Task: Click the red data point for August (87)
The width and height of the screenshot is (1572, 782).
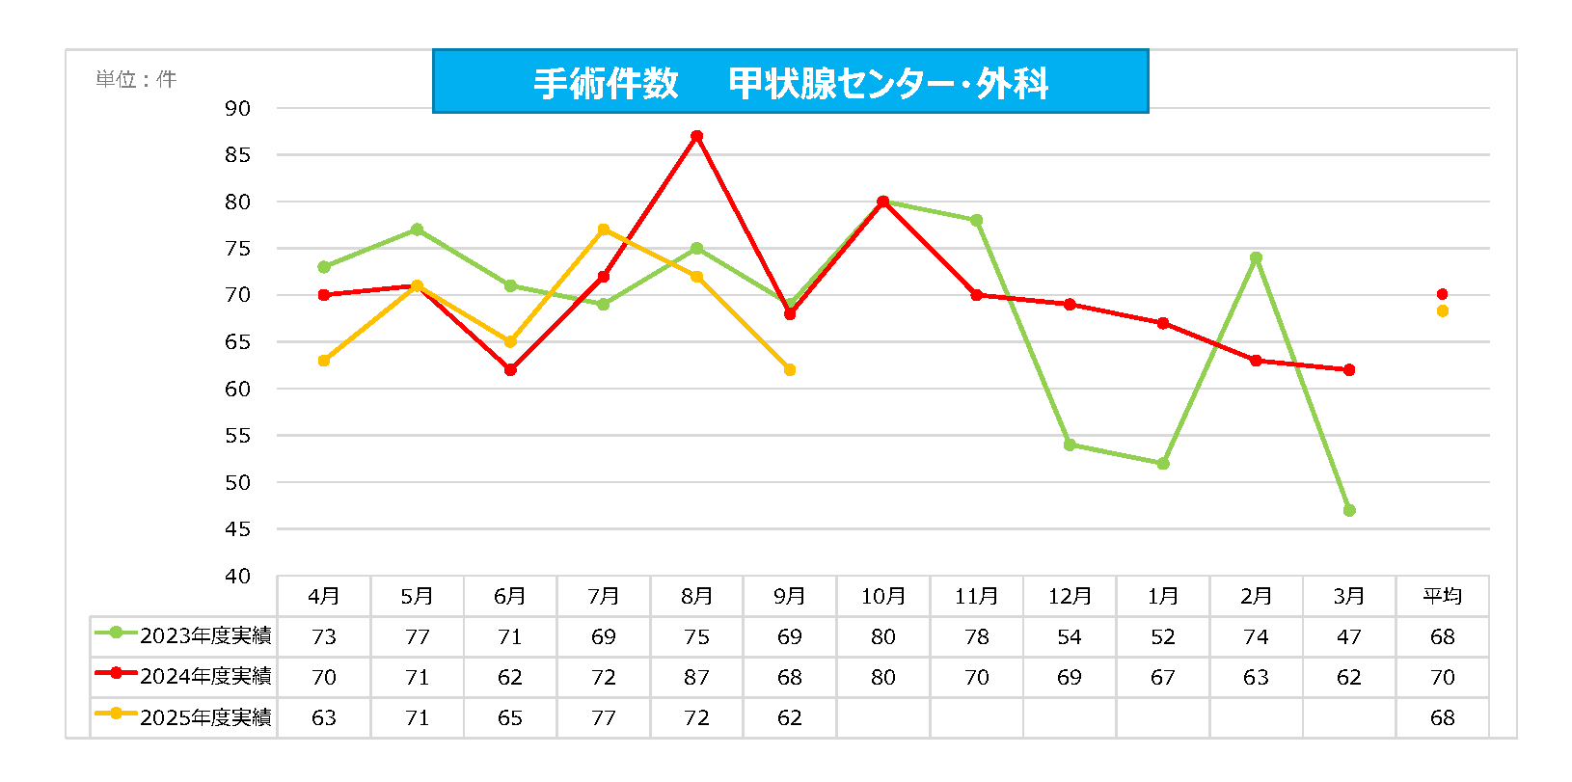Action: [x=696, y=136]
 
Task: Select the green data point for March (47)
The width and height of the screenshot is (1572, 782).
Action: [x=1349, y=510]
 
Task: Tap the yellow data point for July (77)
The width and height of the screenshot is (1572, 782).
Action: [x=604, y=229]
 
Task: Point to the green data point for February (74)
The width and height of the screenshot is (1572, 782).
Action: [x=1256, y=257]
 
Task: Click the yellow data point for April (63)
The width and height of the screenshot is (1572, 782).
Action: [x=324, y=361]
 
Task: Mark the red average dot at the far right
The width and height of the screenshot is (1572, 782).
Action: [x=1442, y=294]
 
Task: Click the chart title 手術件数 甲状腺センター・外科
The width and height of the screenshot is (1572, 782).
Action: [x=790, y=83]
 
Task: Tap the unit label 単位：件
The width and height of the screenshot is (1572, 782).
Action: [x=136, y=79]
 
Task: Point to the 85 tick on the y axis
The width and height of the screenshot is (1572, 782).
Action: [x=237, y=155]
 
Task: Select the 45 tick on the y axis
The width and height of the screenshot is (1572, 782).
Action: [x=237, y=529]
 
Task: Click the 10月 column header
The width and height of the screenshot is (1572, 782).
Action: [x=882, y=596]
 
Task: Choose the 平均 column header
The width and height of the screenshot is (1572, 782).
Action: [x=1442, y=596]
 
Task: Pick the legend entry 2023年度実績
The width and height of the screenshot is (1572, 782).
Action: [x=183, y=636]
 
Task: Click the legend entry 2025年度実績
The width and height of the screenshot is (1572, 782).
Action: [x=183, y=717]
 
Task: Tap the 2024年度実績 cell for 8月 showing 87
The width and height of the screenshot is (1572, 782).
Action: [x=696, y=677]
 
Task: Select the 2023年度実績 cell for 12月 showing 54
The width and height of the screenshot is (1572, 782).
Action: [x=1069, y=636]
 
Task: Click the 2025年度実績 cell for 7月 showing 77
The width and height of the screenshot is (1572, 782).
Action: [x=604, y=717]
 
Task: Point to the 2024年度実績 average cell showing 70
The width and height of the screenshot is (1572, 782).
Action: [x=1442, y=677]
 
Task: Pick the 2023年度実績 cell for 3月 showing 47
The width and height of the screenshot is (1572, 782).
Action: [x=1349, y=636]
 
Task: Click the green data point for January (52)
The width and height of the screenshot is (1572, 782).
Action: [x=1163, y=464]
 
